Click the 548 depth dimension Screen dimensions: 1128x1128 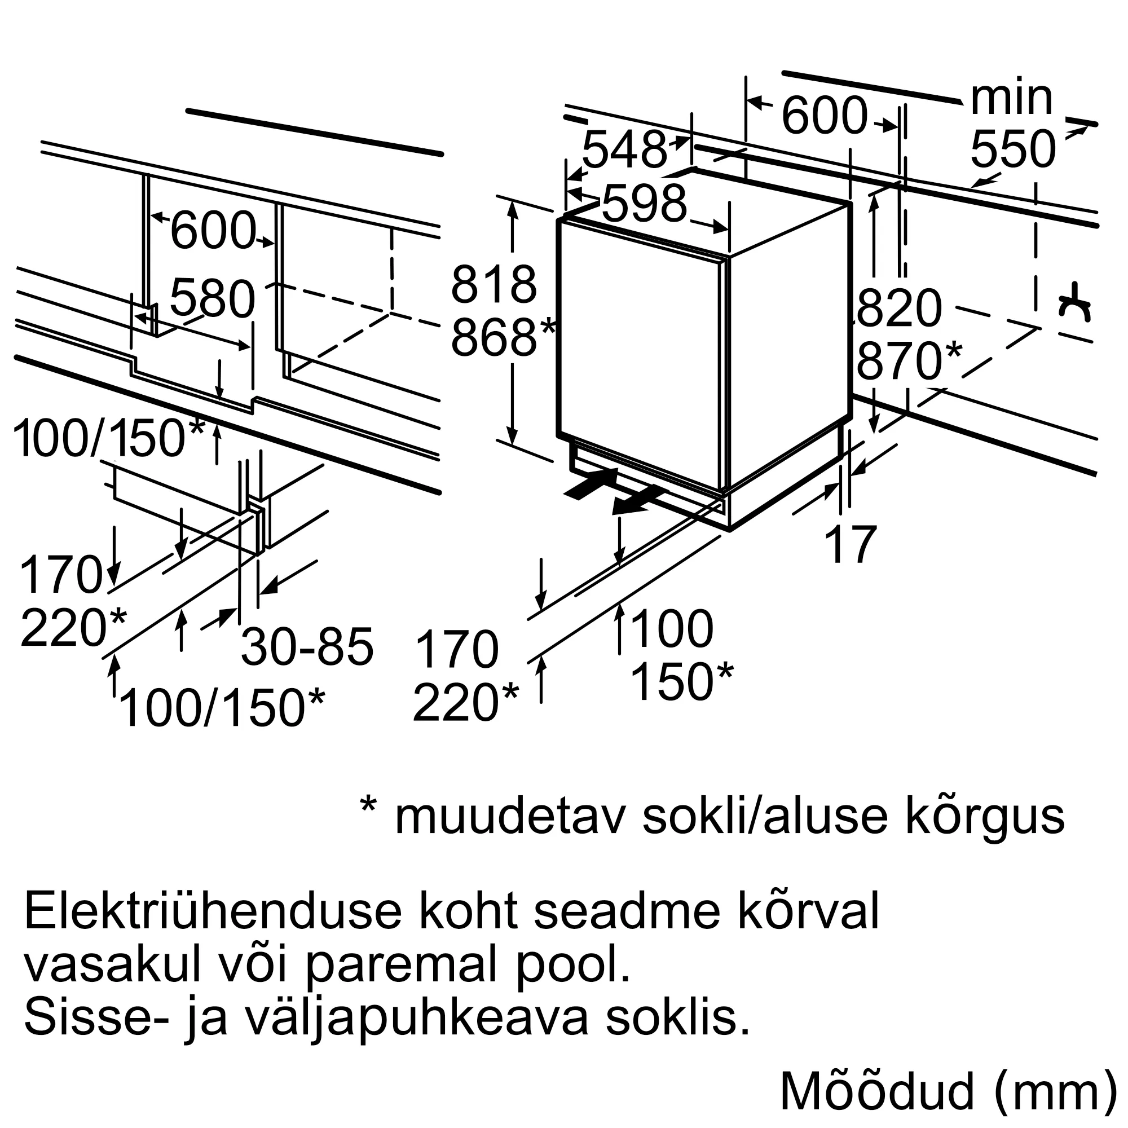point(624,149)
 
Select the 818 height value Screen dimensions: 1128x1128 point(493,285)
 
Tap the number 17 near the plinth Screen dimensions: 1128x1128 point(852,545)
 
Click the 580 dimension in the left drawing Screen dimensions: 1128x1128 point(213,299)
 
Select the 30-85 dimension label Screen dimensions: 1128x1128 point(307,647)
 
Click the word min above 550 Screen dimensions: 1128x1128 point(1011,98)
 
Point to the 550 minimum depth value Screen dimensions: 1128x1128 point(1013,149)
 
